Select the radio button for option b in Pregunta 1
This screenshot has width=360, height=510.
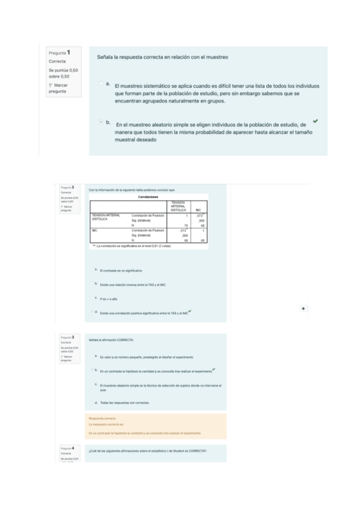tap(101, 123)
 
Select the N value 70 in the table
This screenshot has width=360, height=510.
tap(186, 226)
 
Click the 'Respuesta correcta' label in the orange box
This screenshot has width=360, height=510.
tap(103, 418)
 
